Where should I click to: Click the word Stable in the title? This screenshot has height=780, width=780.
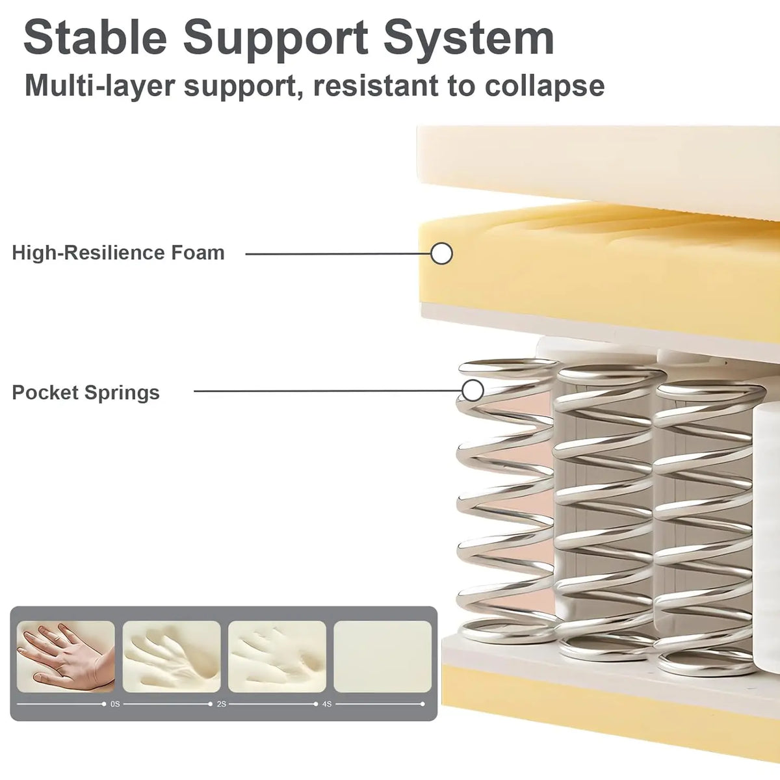(95, 38)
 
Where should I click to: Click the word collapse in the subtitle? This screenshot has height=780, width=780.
(545, 86)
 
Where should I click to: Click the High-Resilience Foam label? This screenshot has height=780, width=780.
(118, 253)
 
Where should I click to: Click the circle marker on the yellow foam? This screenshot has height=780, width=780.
(441, 253)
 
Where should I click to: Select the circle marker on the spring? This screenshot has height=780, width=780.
(473, 391)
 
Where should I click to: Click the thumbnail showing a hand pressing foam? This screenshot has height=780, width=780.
(66, 656)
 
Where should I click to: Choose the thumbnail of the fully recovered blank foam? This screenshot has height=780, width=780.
(382, 656)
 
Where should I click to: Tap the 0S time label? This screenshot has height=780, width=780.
(115, 705)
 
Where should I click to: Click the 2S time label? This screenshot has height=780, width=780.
(222, 705)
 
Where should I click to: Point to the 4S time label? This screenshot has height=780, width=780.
(327, 705)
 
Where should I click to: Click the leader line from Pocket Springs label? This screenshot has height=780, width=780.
(328, 391)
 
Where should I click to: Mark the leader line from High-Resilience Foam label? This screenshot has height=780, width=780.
(339, 254)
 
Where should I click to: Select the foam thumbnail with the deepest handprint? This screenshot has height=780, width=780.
(172, 656)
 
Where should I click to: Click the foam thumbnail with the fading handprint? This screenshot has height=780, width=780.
(278, 656)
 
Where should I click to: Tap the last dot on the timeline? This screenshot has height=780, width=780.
(422, 705)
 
